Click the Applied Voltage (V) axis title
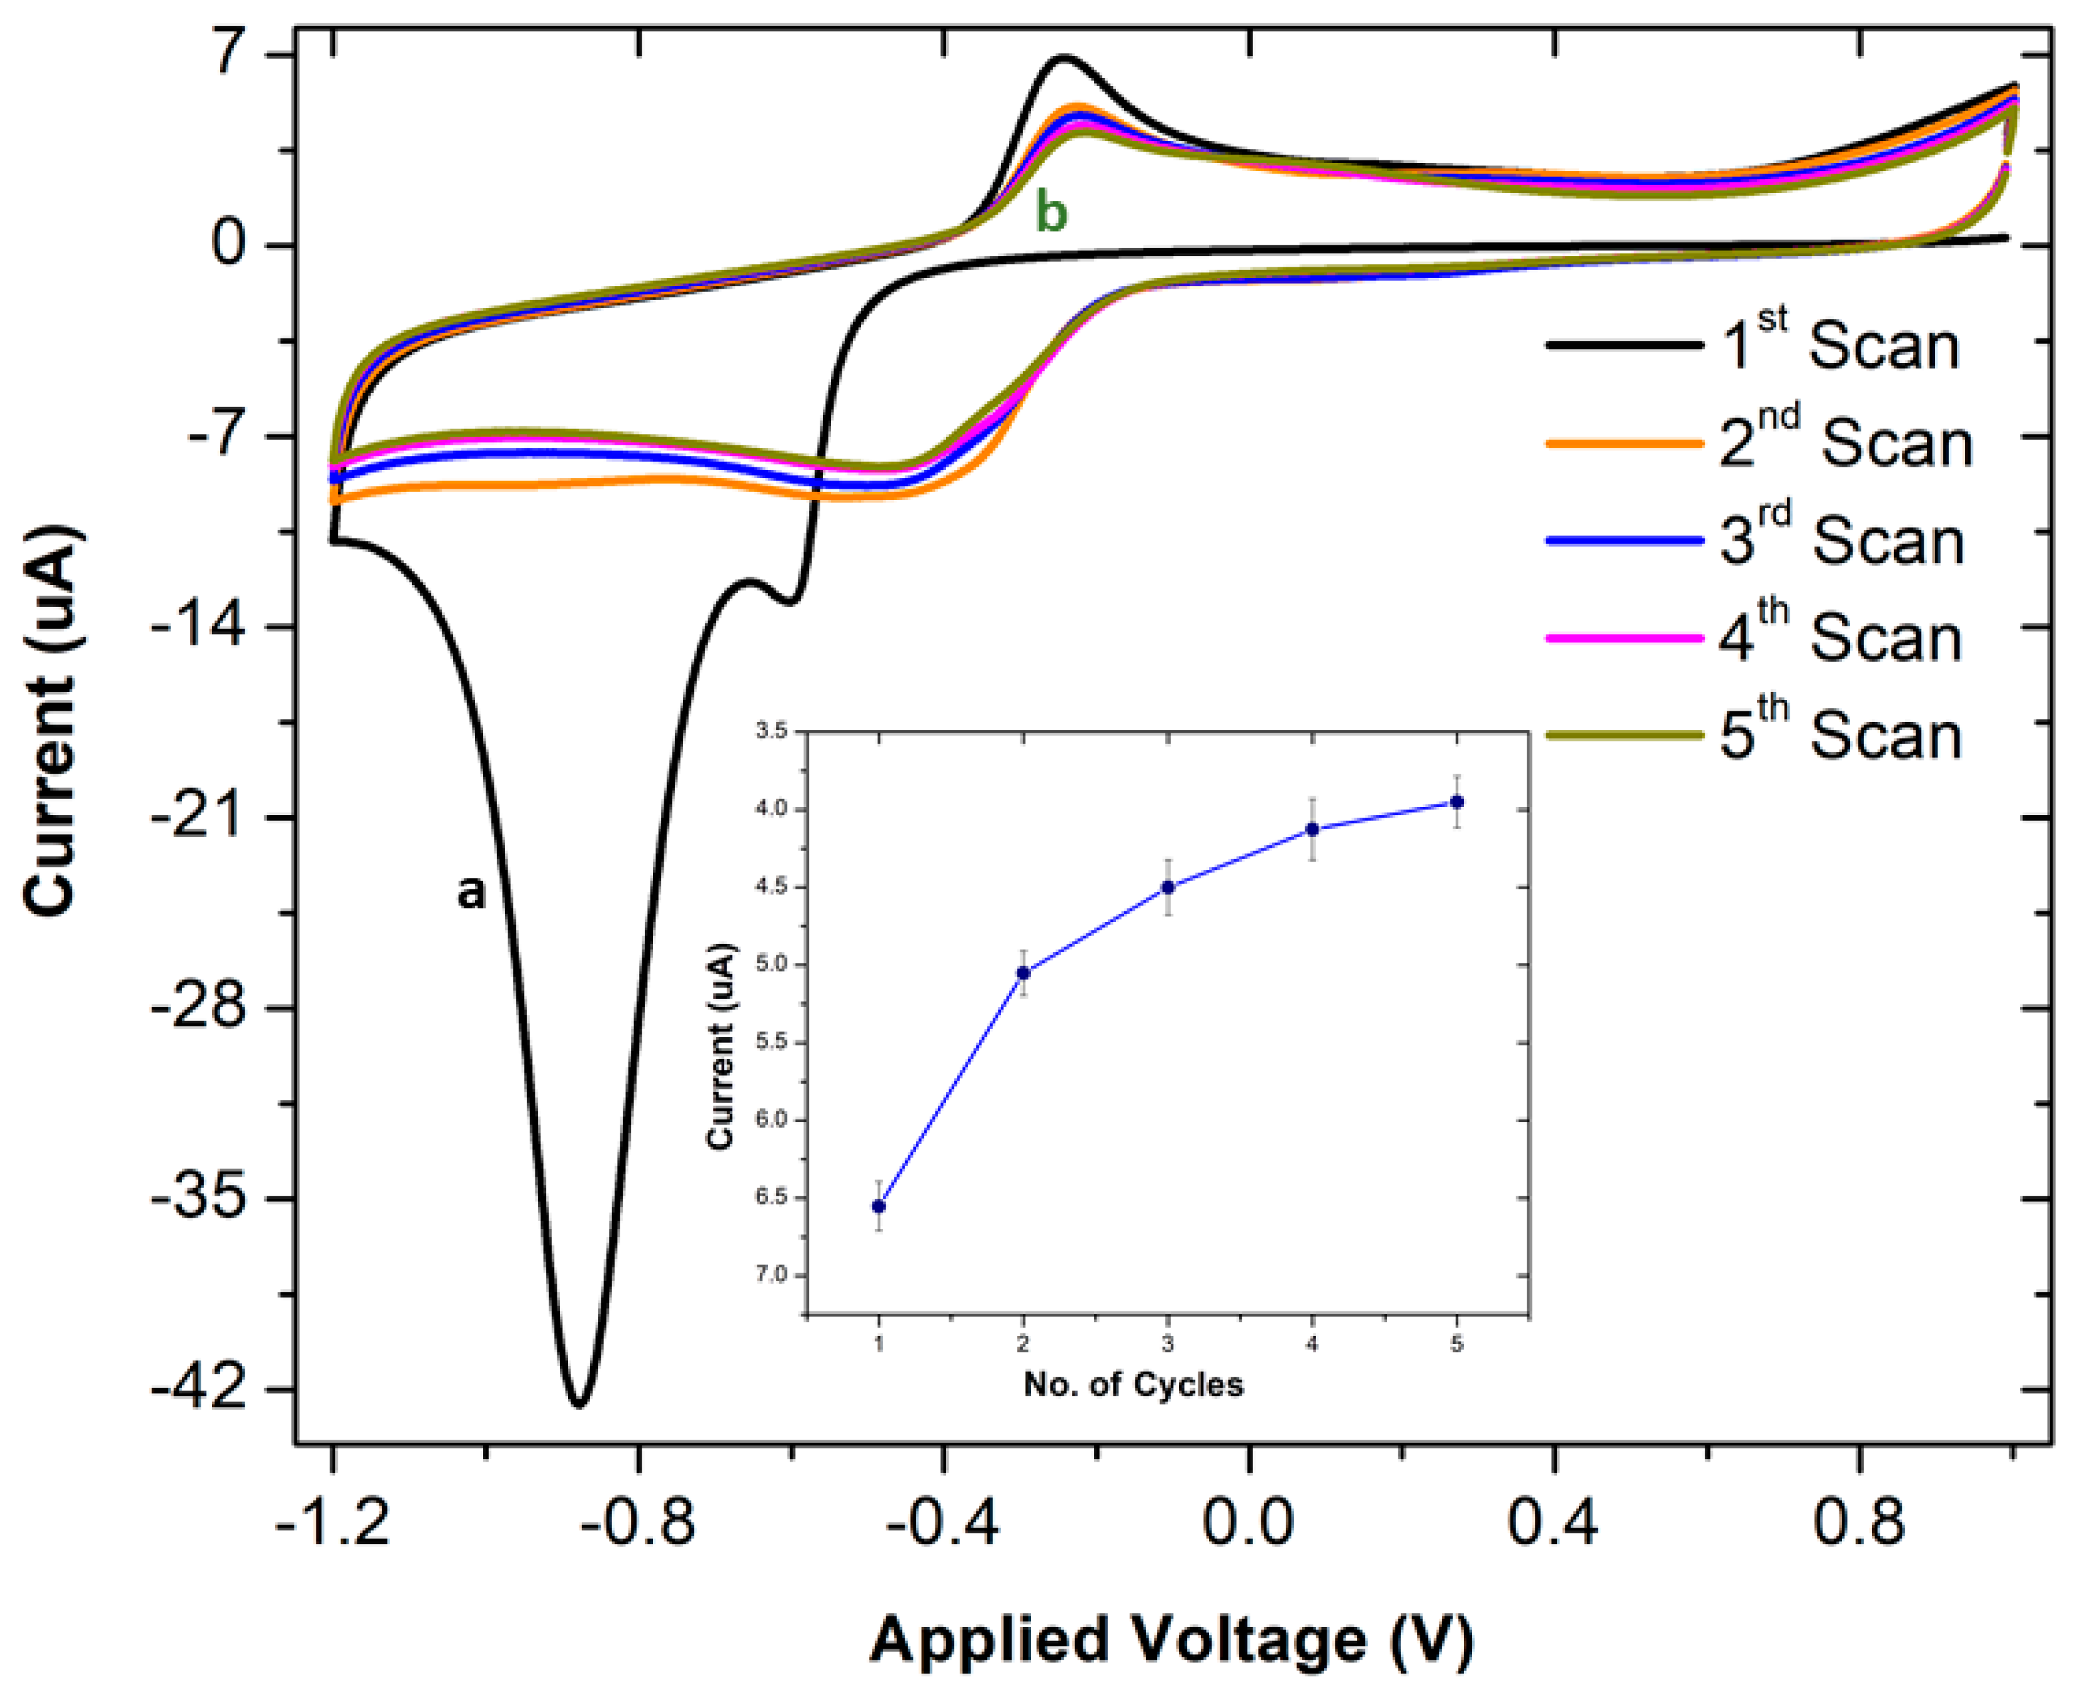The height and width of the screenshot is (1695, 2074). coord(1172,1640)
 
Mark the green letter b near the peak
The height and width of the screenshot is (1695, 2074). coord(1051,213)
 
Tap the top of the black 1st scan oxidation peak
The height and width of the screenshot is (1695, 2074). coord(1063,58)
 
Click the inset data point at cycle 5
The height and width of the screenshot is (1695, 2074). coord(1457,802)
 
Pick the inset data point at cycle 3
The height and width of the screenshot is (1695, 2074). coord(1168,887)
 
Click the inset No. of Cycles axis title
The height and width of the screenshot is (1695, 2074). coord(1134,1384)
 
